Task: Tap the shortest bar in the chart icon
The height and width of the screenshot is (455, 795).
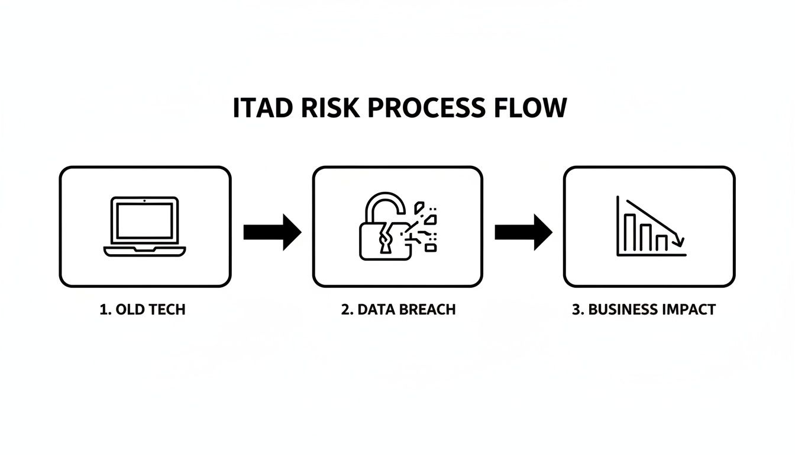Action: click(661, 242)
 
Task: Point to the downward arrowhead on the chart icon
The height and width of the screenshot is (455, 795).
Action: click(680, 241)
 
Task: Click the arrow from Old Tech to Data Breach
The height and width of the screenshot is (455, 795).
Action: click(273, 232)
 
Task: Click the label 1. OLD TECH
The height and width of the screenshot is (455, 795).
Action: click(143, 309)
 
